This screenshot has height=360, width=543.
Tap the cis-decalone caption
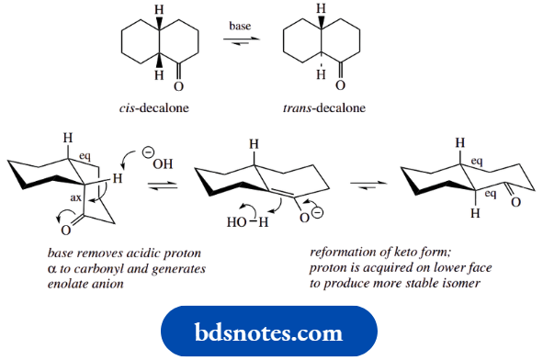[x=153, y=107]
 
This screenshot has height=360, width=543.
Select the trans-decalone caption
[x=323, y=107]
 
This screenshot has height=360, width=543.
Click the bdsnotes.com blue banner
[x=268, y=332]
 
